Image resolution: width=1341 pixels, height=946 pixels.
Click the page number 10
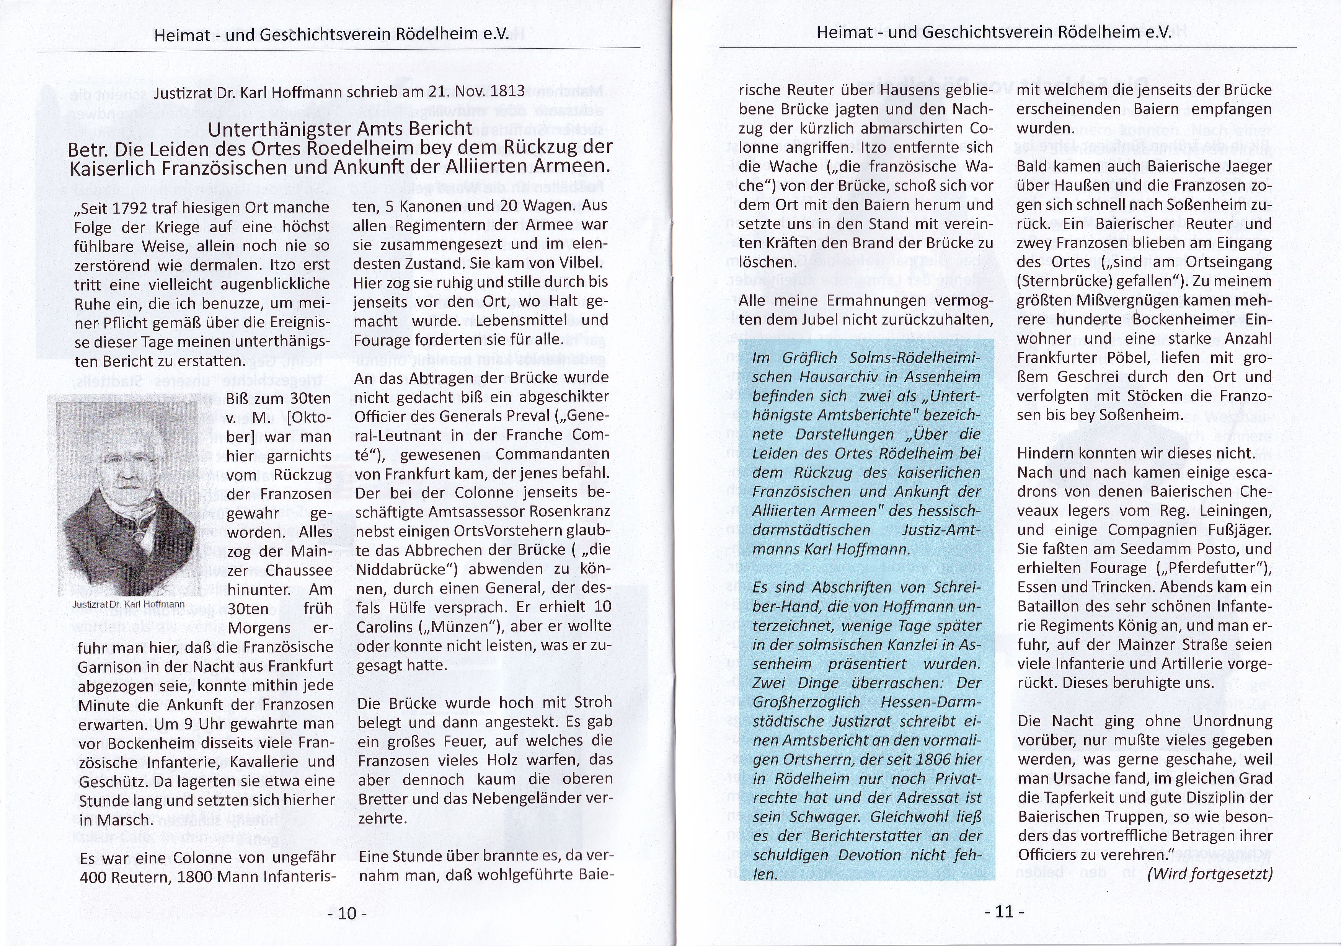click(347, 913)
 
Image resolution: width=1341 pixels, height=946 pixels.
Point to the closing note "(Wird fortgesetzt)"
click(1210, 874)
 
